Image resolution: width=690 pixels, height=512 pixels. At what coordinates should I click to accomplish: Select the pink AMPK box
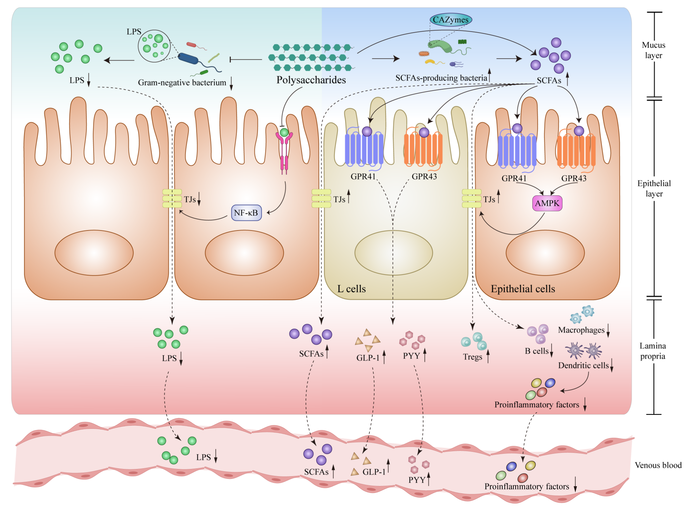(547, 203)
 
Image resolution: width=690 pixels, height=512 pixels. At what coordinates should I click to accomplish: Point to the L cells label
(351, 289)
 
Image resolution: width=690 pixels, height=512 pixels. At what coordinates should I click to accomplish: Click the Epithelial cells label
(523, 289)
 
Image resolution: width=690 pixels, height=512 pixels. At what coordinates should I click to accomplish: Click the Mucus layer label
(653, 50)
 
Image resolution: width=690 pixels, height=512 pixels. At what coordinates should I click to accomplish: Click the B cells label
(536, 351)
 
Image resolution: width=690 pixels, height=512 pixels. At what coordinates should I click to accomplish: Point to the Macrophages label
(581, 330)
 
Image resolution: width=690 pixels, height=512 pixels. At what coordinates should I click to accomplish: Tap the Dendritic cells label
(583, 365)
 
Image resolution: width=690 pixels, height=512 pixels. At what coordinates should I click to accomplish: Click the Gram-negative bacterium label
(182, 82)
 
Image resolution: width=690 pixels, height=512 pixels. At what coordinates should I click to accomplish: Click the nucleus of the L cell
(393, 253)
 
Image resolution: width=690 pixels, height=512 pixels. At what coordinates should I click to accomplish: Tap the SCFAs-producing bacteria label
(441, 78)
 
